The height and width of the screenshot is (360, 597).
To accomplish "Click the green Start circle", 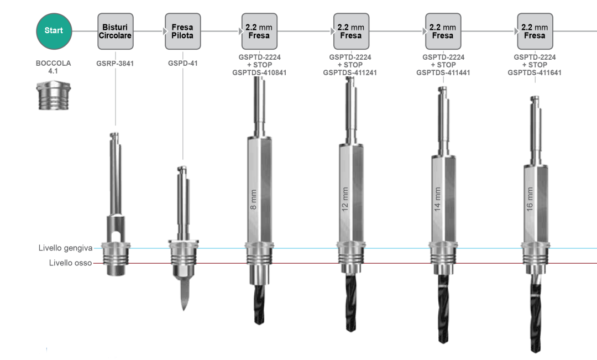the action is [54, 31].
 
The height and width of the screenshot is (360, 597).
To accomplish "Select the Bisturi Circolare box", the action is [116, 31].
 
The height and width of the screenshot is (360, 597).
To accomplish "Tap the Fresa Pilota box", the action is [183, 31].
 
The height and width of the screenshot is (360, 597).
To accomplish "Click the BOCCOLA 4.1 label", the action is [53, 67].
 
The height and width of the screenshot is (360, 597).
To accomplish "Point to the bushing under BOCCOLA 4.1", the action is [53, 96].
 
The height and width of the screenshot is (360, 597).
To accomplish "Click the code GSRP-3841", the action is [115, 64].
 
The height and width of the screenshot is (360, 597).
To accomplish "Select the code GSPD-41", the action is [183, 64].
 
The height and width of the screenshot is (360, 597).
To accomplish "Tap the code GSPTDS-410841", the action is [259, 73].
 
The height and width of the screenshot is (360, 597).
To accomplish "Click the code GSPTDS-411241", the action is [350, 73].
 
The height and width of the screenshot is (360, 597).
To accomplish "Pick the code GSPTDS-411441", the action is [443, 73].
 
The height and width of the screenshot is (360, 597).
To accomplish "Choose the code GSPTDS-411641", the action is [535, 73].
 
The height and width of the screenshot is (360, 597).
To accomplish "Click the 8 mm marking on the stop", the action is [254, 200].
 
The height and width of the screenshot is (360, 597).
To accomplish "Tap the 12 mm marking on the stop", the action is [345, 199].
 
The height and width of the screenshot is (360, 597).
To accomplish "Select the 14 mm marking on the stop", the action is [437, 199].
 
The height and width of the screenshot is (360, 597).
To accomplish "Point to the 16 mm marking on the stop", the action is [530, 199].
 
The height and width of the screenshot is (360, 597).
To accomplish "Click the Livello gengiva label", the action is [65, 248].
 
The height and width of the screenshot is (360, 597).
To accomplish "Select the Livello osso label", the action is [70, 263].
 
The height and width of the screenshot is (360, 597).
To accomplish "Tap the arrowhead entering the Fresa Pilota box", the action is [165, 31].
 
